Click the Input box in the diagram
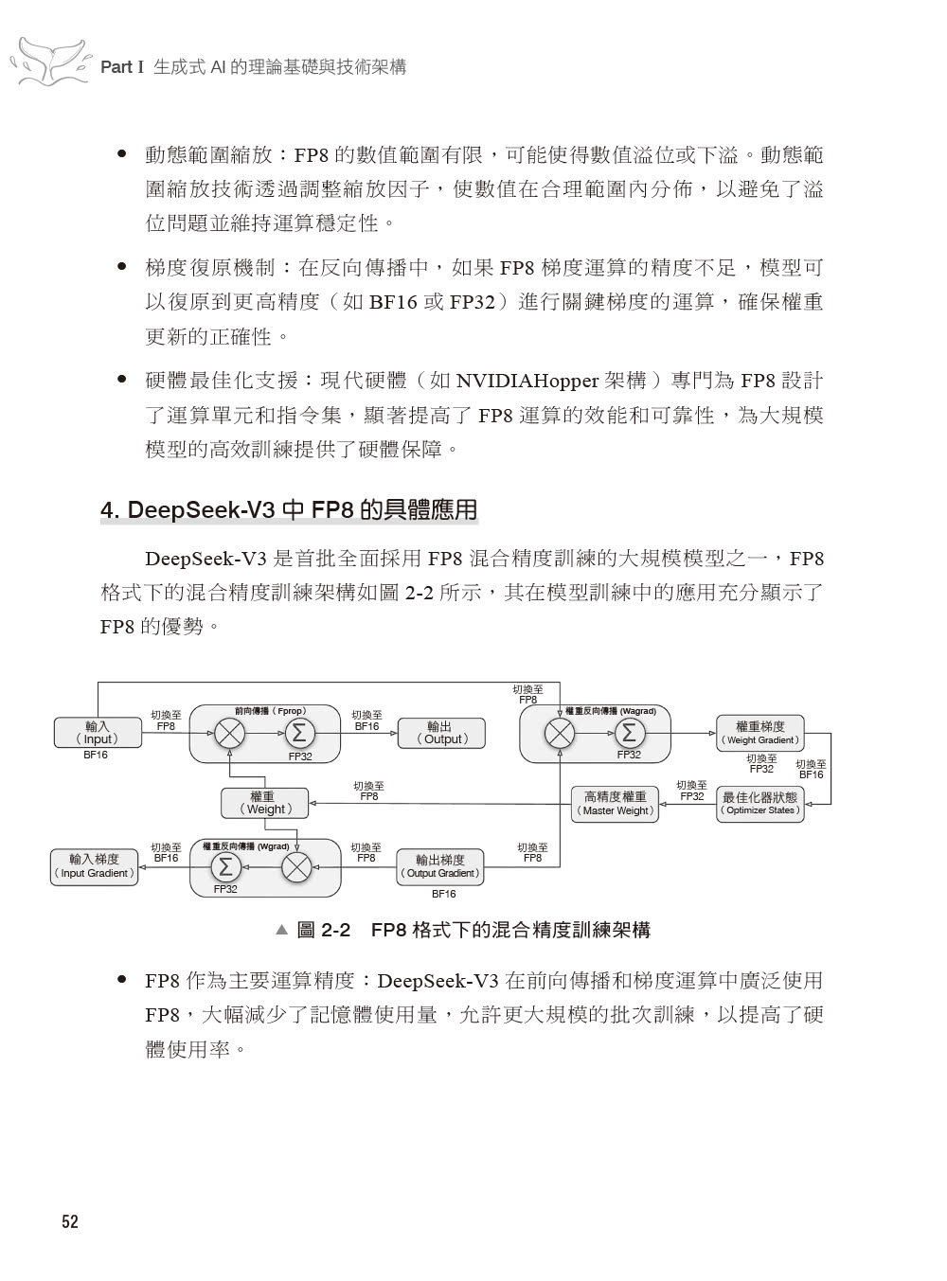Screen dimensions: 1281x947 point(98,733)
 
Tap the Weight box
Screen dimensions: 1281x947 point(265,803)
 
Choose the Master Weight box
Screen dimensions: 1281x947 point(615,804)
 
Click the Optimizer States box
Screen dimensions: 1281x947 point(759,804)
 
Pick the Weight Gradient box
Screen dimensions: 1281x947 point(759,733)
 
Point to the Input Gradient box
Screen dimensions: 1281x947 point(94,866)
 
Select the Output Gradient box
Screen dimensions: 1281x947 point(439,866)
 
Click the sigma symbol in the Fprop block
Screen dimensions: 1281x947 point(298,733)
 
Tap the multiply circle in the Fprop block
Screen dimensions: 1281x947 point(229,733)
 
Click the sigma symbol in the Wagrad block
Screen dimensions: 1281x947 point(629,733)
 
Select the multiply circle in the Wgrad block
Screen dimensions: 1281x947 point(297,866)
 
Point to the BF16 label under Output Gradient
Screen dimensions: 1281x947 point(443,894)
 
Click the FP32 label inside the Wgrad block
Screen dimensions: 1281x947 point(225,889)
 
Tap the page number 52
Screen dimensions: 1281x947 point(70,1222)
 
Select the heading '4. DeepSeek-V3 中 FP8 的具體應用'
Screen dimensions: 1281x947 point(289,510)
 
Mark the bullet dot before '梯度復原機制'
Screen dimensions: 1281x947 point(121,267)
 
